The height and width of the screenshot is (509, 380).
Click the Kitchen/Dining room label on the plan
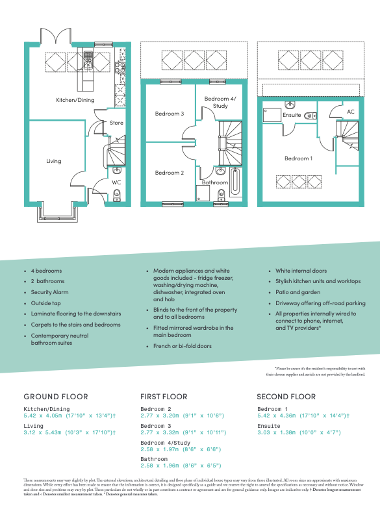point(75,99)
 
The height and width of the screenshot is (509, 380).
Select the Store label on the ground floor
point(116,123)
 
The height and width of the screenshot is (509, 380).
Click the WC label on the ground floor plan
point(116,182)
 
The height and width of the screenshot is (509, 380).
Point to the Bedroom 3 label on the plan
point(170,114)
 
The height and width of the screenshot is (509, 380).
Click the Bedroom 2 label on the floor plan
point(170,173)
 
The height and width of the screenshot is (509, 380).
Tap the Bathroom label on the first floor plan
point(214,182)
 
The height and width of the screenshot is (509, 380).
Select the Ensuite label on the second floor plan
point(292,115)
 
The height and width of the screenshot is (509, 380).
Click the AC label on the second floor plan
point(351,112)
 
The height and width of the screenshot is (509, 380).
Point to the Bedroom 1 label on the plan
point(298,158)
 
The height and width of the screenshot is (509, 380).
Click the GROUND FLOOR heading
point(55,396)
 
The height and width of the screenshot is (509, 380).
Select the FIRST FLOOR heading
point(164,396)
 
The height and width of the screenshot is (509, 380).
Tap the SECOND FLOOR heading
point(286,396)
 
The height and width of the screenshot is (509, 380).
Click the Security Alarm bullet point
point(53,292)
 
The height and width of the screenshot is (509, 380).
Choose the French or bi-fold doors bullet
point(182,346)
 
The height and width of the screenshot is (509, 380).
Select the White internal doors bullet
point(301,271)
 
